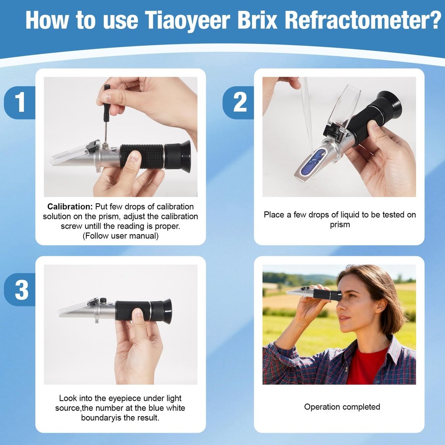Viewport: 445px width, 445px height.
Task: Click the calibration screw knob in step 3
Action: click(102, 300)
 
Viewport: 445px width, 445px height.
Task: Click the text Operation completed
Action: click(342, 407)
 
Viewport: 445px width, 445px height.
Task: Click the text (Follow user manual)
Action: click(120, 236)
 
